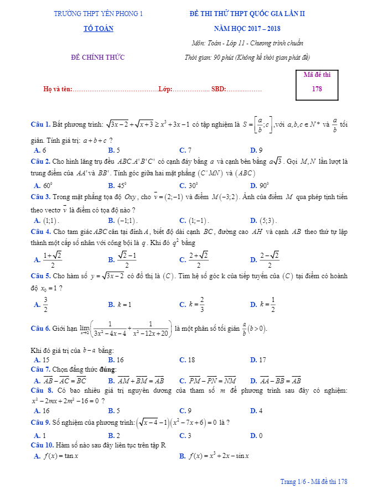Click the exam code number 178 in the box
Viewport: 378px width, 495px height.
(x=317, y=88)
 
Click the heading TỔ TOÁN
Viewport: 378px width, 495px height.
(x=98, y=29)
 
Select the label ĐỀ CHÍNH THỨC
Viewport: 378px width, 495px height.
(x=98, y=57)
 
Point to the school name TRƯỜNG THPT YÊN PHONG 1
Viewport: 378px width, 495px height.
(x=98, y=14)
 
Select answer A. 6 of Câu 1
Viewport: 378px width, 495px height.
(x=40, y=150)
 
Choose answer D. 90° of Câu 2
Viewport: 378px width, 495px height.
(x=260, y=186)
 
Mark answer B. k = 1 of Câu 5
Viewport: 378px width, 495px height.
(x=120, y=304)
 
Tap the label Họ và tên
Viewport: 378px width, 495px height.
(x=58, y=89)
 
